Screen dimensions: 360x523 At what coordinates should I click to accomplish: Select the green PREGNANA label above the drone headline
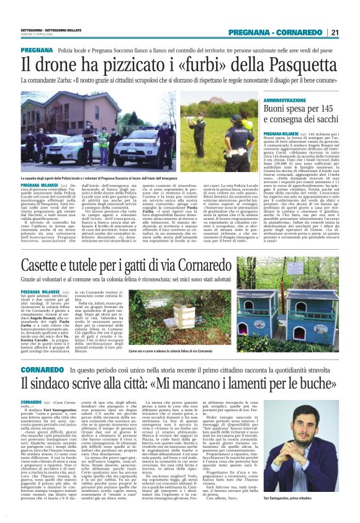click(x=37, y=50)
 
